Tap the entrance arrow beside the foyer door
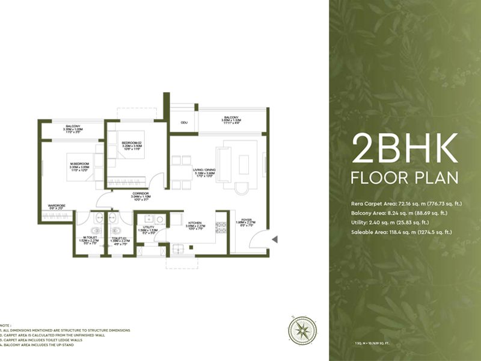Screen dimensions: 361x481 [274, 239]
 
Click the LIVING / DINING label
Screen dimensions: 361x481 [204, 170]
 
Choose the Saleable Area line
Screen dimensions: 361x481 [402, 232]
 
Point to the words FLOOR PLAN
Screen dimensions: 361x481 [405, 178]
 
